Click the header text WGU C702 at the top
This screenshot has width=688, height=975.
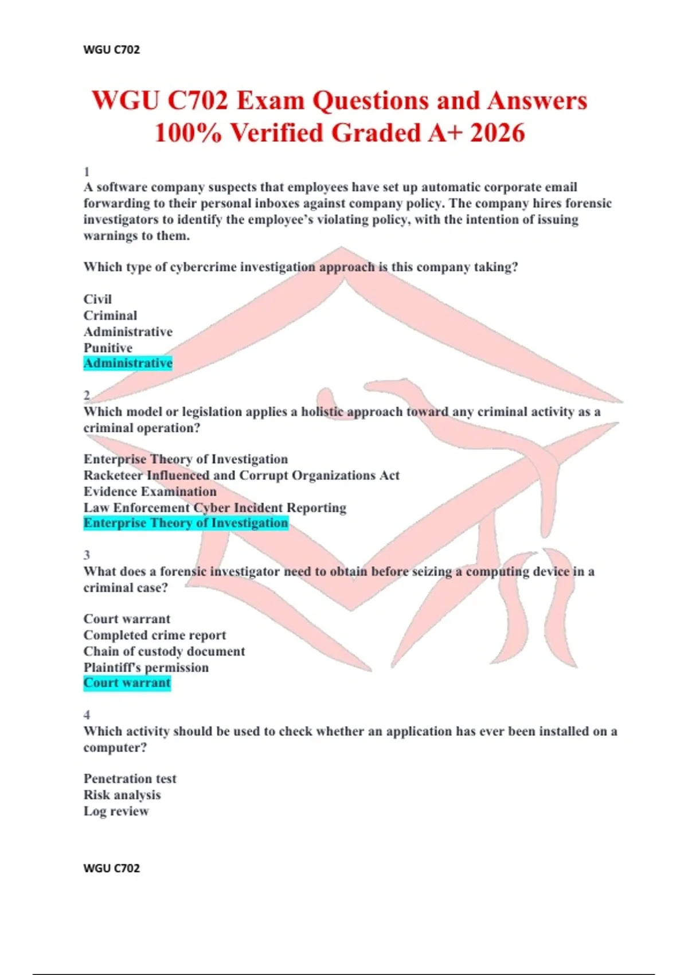111,49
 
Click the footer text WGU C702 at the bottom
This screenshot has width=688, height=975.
111,868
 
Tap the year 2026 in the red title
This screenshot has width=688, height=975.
497,133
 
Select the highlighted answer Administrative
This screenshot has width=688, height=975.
128,363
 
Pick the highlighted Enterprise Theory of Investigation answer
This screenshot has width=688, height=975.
186,523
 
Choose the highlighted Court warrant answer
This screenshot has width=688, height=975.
127,683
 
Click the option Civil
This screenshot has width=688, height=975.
97,299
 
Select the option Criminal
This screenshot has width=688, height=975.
110,315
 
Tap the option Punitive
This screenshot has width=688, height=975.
108,348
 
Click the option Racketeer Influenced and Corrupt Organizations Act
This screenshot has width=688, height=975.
241,475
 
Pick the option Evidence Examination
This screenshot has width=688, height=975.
150,492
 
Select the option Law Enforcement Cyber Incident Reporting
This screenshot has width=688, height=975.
215,508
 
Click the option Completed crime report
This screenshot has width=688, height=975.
155,635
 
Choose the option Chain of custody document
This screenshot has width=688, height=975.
164,651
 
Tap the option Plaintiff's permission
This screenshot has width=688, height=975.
146,667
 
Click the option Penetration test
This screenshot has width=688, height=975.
130,778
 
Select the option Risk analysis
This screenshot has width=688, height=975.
122,794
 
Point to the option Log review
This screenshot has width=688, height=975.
116,811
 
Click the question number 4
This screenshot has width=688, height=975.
87,715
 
